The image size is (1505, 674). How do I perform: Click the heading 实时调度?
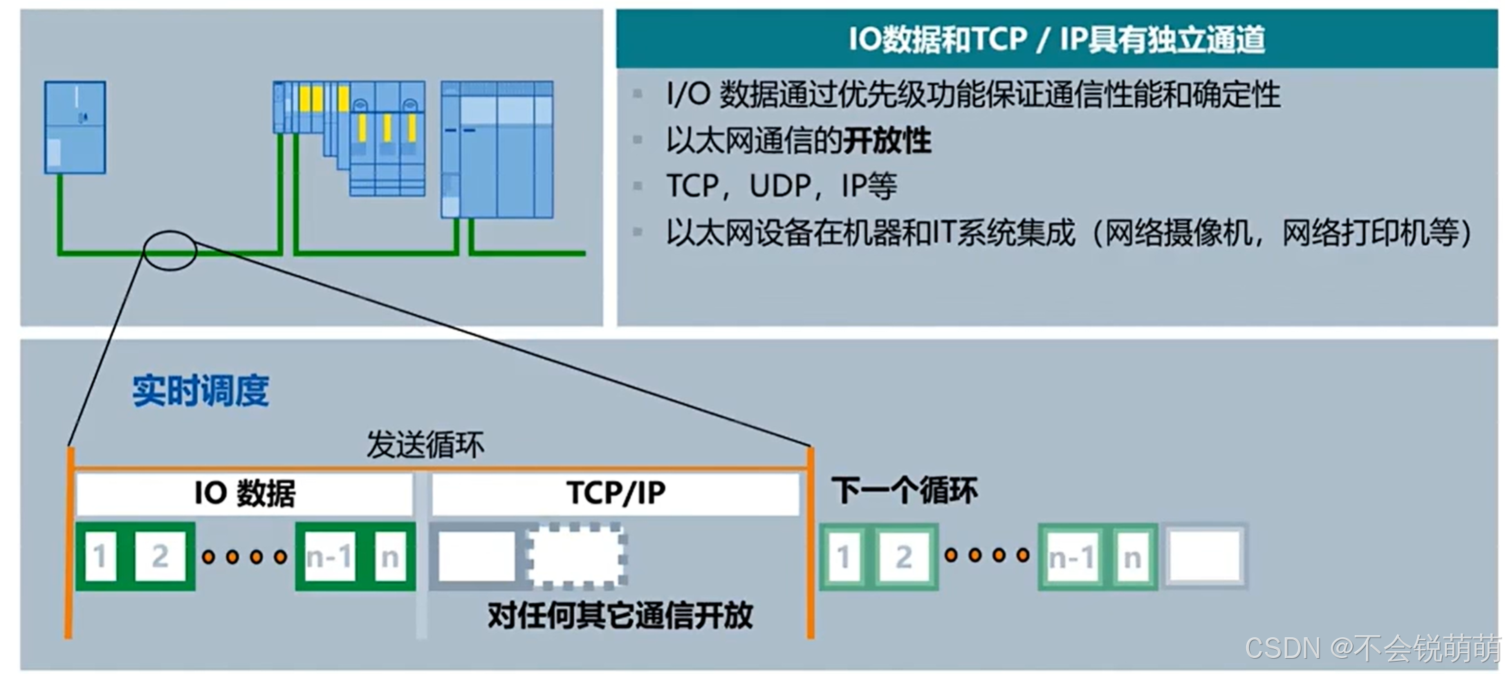tap(201, 391)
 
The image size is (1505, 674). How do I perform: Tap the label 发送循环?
tap(425, 444)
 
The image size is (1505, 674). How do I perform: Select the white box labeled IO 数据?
tap(245, 494)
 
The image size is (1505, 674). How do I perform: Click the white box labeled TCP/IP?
tap(616, 494)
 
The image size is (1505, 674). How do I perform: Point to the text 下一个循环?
tap(904, 491)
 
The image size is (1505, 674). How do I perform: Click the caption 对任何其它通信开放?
tap(620, 615)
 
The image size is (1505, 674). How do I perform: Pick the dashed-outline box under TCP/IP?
tap(577, 556)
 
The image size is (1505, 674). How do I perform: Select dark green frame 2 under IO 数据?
tap(160, 556)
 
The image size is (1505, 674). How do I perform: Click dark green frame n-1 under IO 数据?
tap(329, 556)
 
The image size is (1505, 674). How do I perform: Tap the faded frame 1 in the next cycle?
tap(843, 557)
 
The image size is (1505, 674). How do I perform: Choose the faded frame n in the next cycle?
tap(1132, 557)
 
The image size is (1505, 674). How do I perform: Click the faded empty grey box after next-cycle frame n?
tap(1205, 557)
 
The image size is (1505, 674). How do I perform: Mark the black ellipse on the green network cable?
tap(170, 250)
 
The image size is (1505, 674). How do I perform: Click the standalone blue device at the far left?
tap(75, 127)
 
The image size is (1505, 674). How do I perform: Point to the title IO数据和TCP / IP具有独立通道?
tap(1057, 39)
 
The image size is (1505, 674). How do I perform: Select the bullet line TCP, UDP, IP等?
tap(782, 186)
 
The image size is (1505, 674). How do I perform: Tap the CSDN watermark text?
tap(1372, 648)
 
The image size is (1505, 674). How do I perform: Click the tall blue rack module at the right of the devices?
tap(497, 149)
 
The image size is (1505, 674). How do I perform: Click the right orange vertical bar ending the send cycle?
tap(811, 543)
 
